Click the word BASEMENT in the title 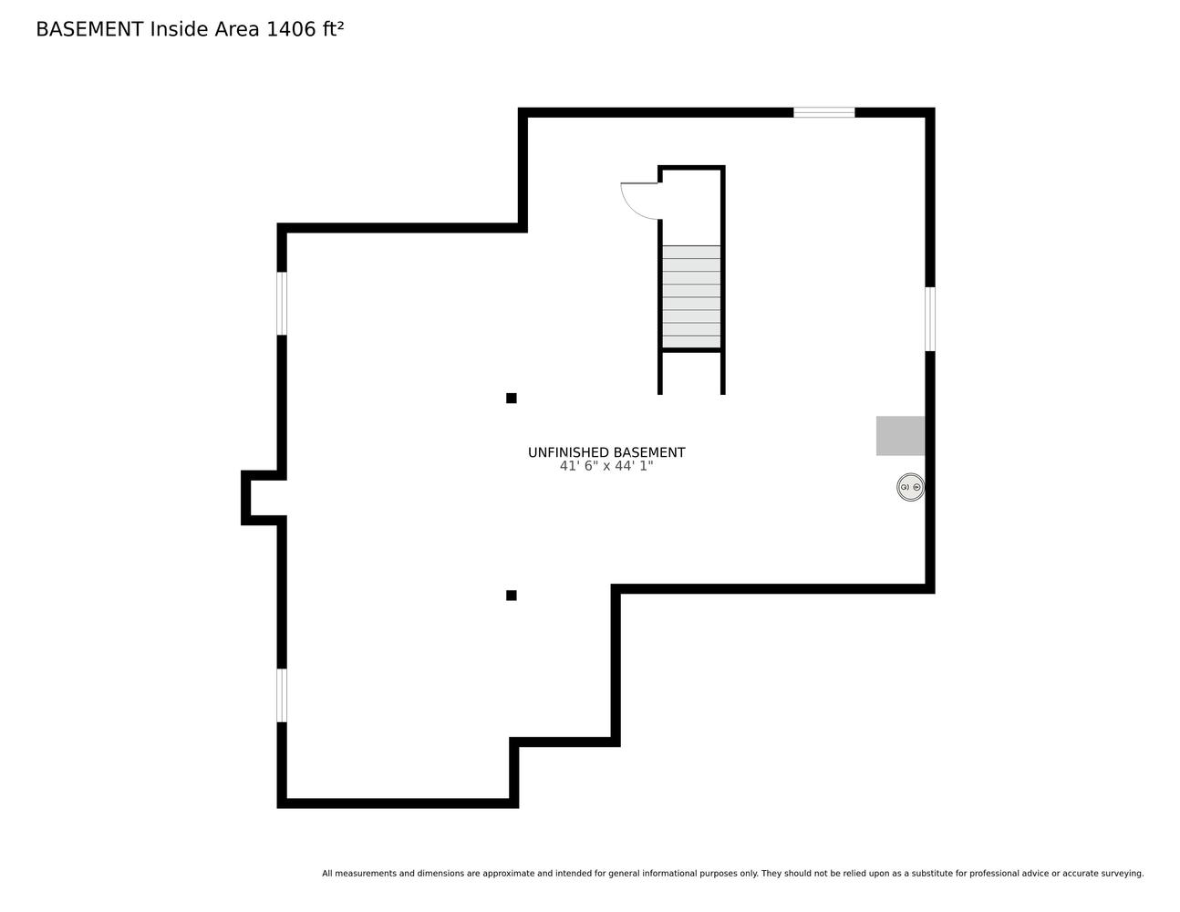[x=89, y=29]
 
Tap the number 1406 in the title [x=291, y=29]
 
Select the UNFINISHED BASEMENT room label [x=606, y=452]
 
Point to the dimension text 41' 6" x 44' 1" [x=606, y=466]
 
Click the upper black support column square [x=511, y=398]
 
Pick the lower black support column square [x=511, y=595]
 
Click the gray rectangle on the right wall [x=900, y=435]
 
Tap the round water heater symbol [x=911, y=487]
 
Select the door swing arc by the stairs [x=632, y=209]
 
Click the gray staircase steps [x=691, y=296]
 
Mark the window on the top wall [x=823, y=112]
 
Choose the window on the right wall [x=930, y=319]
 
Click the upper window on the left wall [x=282, y=304]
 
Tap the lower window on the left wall [x=282, y=695]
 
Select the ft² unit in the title [x=334, y=29]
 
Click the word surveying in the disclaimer [x=1123, y=874]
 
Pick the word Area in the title [x=237, y=29]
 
